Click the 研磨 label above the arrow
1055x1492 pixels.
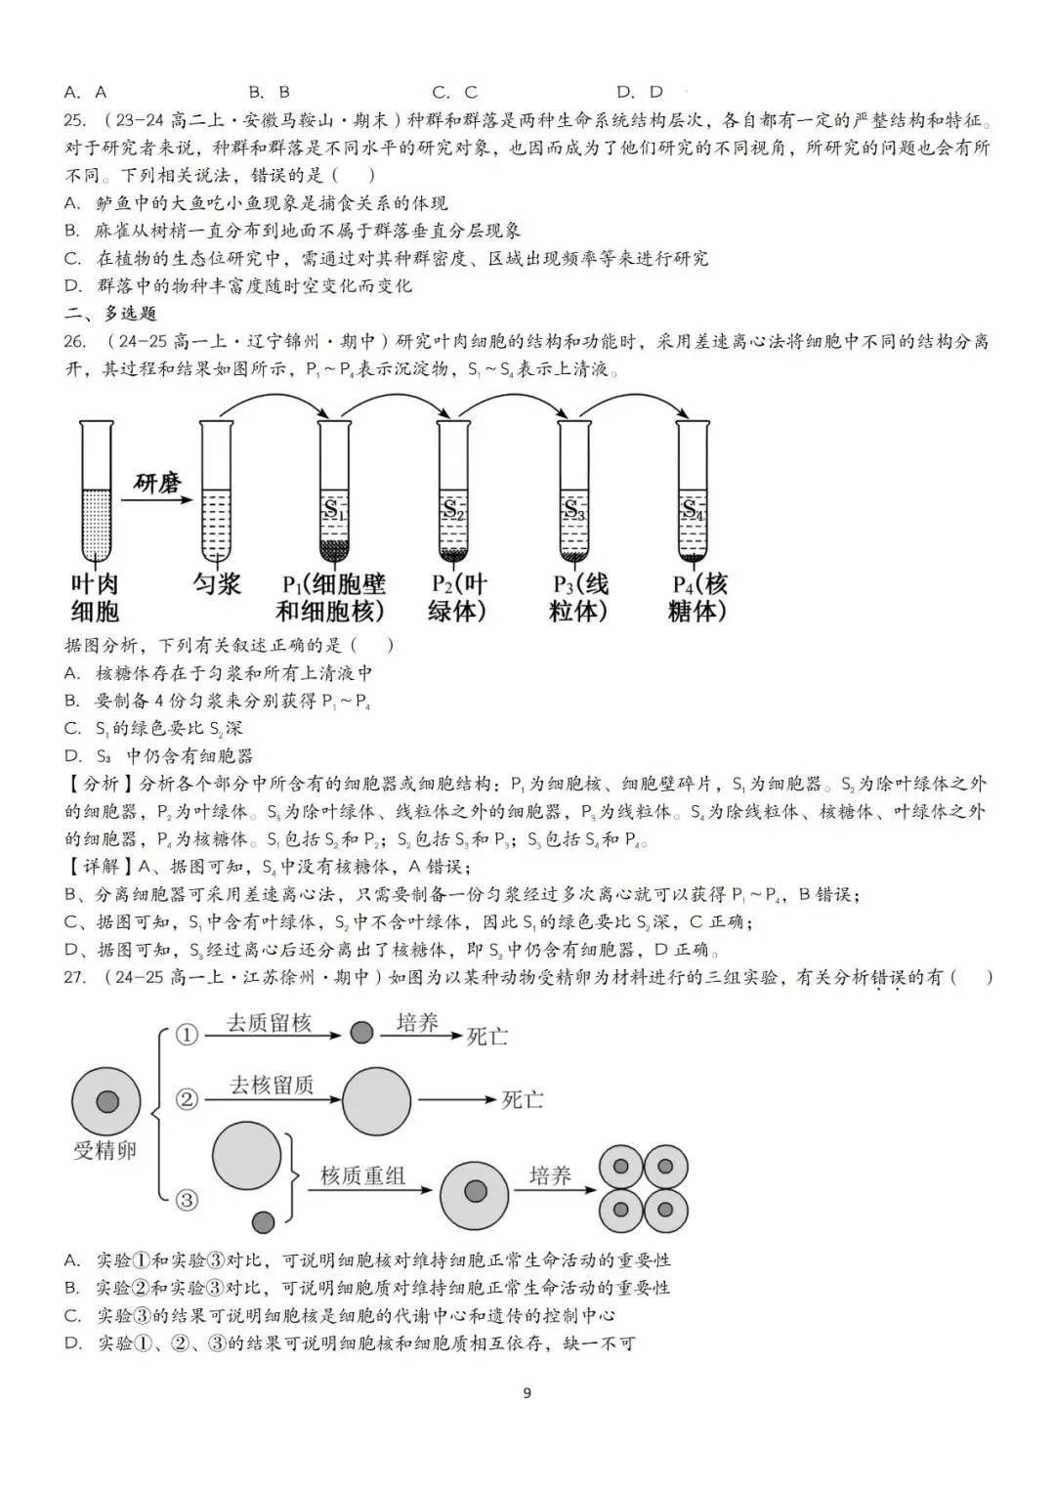click(x=158, y=483)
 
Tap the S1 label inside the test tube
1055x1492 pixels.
click(x=335, y=509)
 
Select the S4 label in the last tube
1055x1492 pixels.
click(x=693, y=509)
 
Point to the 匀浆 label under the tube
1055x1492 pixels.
click(x=217, y=584)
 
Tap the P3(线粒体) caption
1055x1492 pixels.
click(x=580, y=598)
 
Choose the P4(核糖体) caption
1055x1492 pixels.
click(x=699, y=598)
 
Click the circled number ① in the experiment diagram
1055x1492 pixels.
click(x=187, y=1035)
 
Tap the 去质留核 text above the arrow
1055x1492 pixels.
click(x=269, y=1023)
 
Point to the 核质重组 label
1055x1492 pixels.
click(x=362, y=1175)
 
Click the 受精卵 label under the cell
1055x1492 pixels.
click(x=105, y=1150)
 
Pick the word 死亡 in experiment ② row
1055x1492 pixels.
click(x=522, y=1099)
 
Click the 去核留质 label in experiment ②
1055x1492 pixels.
click(x=272, y=1085)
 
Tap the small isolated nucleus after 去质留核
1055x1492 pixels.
click(x=361, y=1032)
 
